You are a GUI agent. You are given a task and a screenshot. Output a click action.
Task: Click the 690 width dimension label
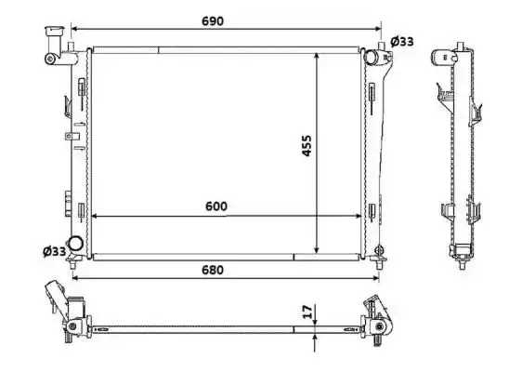point(213,21)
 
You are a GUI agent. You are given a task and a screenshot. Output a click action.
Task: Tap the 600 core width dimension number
point(216,206)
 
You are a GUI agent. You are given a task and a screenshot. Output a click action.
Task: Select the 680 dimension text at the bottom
point(213,270)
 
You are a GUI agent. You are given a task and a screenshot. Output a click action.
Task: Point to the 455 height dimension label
point(307,145)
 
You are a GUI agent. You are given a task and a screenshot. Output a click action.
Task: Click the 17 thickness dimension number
point(308,311)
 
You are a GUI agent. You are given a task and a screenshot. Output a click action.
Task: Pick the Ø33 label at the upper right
point(402,42)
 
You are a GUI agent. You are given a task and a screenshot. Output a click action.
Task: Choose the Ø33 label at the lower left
point(55,251)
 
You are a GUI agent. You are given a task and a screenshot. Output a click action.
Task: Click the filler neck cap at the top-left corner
point(54,31)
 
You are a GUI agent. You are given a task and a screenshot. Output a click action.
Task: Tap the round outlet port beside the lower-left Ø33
point(75,243)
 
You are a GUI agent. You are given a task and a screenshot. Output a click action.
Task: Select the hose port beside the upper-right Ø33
point(371,57)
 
